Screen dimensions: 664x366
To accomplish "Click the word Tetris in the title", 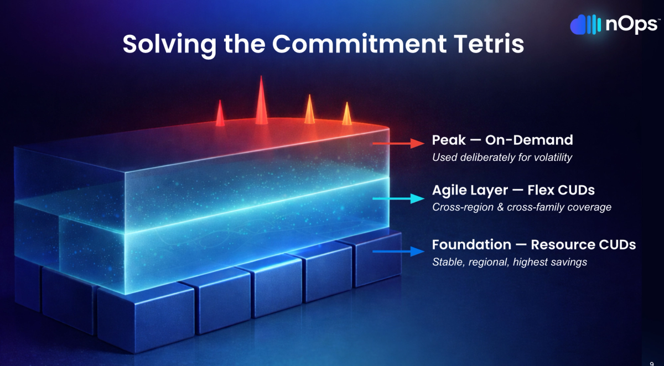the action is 489,44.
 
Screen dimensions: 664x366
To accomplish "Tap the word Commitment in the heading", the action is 359,44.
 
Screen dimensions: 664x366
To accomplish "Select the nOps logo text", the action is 631,25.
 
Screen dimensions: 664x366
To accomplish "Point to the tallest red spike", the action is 261,100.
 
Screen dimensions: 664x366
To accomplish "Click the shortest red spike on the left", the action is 220,113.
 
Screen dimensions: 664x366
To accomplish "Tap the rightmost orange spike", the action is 347,113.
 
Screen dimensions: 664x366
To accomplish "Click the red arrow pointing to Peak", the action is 398,143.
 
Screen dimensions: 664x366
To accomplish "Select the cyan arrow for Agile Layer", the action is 398,198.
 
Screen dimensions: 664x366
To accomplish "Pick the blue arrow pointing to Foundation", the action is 398,252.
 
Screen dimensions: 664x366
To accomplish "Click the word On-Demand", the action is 529,140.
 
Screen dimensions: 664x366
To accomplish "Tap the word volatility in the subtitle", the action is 553,158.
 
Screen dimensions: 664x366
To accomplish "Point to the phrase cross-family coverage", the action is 559,207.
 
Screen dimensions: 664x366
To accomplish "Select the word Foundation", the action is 471,245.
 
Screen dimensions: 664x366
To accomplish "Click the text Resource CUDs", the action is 583,245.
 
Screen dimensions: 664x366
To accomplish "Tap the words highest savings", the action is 550,263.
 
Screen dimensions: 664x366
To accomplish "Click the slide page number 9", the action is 652,364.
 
